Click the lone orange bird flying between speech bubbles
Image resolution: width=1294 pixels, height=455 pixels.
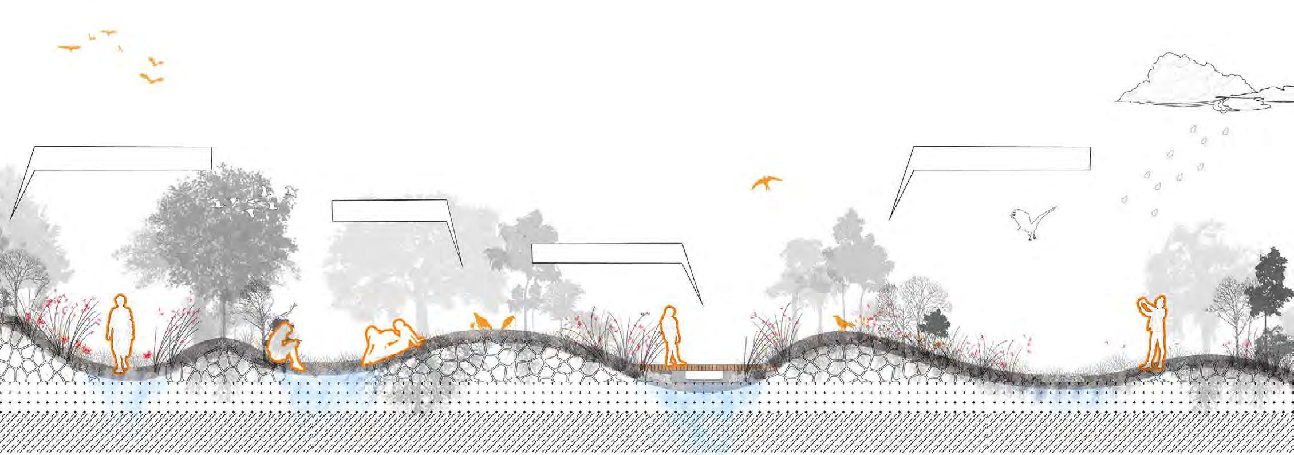[766, 183]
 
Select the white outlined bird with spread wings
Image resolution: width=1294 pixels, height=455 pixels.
[1033, 222]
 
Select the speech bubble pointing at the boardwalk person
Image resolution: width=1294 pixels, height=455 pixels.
[607, 253]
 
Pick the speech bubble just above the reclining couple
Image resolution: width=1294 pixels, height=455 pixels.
[389, 210]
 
